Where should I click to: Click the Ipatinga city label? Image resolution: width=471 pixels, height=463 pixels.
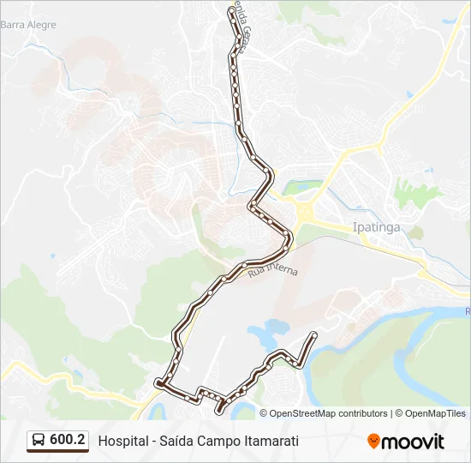[376, 229]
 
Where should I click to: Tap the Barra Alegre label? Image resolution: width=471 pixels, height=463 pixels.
[28, 25]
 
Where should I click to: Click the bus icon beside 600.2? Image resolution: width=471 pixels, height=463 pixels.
[38, 441]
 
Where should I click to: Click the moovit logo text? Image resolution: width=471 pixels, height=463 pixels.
[413, 442]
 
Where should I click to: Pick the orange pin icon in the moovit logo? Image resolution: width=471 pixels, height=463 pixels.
[373, 441]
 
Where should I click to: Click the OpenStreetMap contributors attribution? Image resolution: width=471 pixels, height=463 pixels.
[328, 413]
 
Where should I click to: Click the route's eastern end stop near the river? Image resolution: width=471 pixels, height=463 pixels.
[315, 334]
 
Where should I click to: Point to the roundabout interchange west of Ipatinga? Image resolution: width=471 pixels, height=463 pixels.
[303, 211]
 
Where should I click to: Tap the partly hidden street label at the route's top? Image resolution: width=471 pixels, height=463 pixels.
[245, 34]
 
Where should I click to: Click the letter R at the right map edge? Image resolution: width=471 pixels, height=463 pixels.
[467, 311]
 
